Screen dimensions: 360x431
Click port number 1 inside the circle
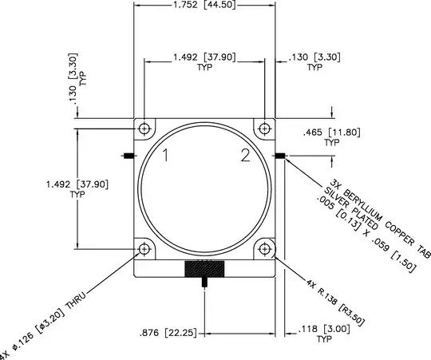click(166, 156)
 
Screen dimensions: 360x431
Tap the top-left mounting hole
click(144, 129)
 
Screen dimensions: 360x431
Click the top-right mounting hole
click(263, 129)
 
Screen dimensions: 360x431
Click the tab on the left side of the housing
click(128, 155)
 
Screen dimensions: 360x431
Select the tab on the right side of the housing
click(279, 155)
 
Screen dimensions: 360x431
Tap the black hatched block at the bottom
click(204, 269)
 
